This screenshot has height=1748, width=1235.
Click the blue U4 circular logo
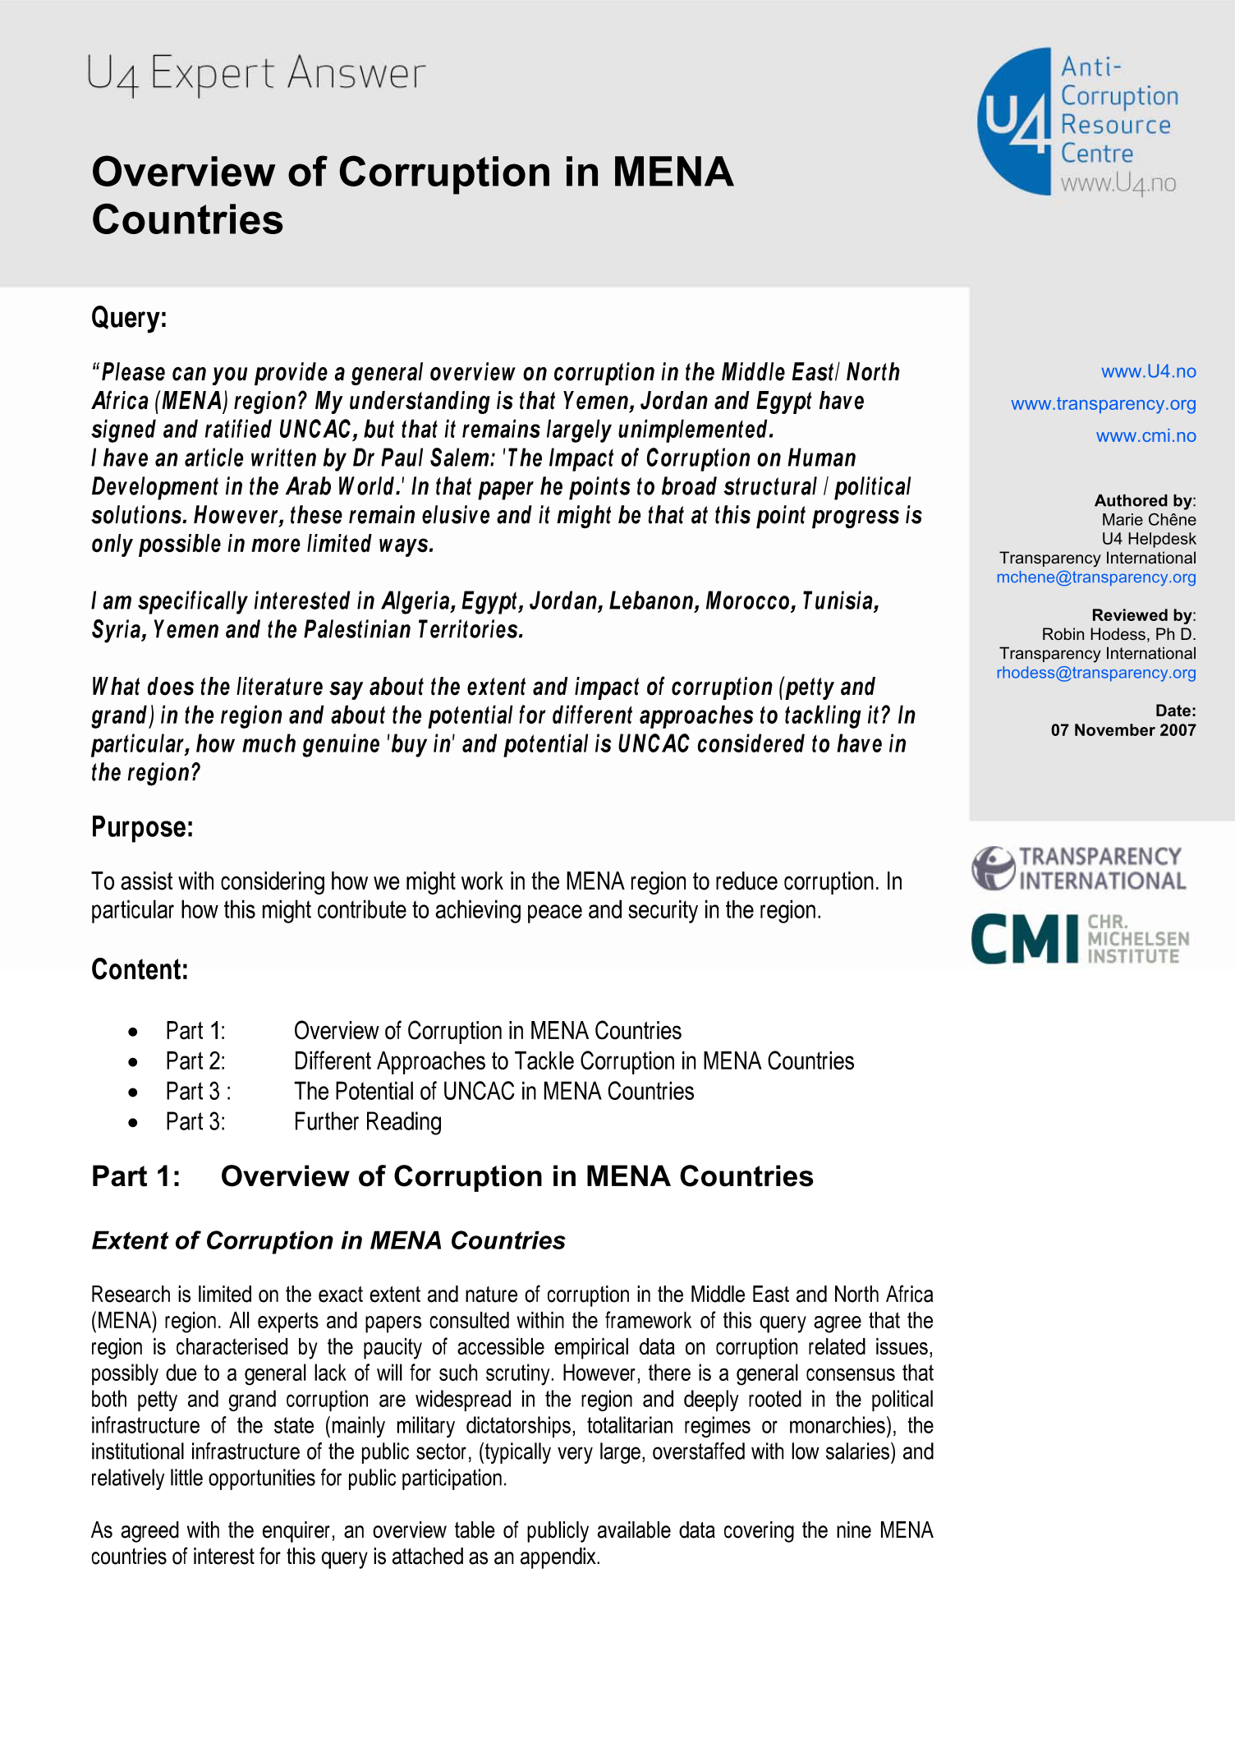pyautogui.click(x=1015, y=121)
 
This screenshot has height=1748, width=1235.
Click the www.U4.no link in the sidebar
pyautogui.click(x=1148, y=371)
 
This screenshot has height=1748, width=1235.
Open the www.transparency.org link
pyautogui.click(x=1103, y=403)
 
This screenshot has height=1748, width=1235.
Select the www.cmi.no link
pyautogui.click(x=1145, y=435)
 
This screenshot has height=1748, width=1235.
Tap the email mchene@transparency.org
pyautogui.click(x=1095, y=577)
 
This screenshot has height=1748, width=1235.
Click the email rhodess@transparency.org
pyautogui.click(x=1095, y=672)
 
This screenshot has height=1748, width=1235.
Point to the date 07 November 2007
pyautogui.click(x=1123, y=729)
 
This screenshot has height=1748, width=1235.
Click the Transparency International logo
pyautogui.click(x=1078, y=868)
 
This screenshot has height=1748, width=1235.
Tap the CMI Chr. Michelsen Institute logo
pyautogui.click(x=1079, y=938)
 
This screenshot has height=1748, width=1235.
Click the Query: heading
pyautogui.click(x=129, y=317)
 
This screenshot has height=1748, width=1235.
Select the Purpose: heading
pyautogui.click(x=142, y=826)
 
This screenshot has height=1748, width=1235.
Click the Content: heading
pyautogui.click(x=140, y=969)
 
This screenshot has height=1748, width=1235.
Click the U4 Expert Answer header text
pyautogui.click(x=255, y=74)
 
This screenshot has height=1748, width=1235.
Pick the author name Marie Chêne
pyautogui.click(x=1148, y=519)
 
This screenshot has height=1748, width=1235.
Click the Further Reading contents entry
pyautogui.click(x=367, y=1121)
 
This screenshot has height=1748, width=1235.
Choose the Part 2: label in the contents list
pyautogui.click(x=195, y=1060)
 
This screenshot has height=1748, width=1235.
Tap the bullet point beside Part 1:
pyautogui.click(x=133, y=1032)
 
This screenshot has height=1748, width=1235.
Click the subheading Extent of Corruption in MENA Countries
pyautogui.click(x=328, y=1240)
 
